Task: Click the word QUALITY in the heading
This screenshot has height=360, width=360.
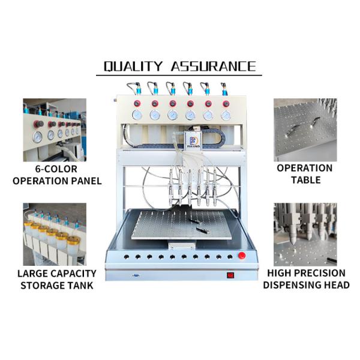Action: (x=133, y=66)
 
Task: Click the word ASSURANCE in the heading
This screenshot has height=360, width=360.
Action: (x=214, y=66)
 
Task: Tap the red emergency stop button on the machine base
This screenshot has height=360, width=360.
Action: (x=242, y=256)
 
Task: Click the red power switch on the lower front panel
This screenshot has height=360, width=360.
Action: (x=230, y=275)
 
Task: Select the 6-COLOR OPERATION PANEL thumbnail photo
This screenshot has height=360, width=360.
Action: (x=55, y=130)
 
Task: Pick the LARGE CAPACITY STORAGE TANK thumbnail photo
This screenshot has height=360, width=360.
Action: (x=55, y=234)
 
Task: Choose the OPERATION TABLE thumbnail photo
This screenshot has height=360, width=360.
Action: (x=305, y=130)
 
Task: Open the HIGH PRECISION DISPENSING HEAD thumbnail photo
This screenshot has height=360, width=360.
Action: (x=305, y=234)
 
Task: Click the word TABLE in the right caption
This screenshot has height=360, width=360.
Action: (x=306, y=180)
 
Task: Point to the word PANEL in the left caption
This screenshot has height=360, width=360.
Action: (x=86, y=181)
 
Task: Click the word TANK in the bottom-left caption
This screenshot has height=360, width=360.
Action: (x=80, y=286)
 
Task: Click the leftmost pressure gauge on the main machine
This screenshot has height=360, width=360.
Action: (x=137, y=115)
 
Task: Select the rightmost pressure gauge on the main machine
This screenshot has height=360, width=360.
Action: (x=226, y=115)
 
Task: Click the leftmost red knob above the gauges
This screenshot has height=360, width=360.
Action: (x=137, y=104)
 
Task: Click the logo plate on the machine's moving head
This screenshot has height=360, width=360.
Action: (x=192, y=140)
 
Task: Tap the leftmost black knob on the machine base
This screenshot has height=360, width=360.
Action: (x=126, y=257)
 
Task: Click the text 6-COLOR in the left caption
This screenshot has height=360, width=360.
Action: (x=56, y=169)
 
